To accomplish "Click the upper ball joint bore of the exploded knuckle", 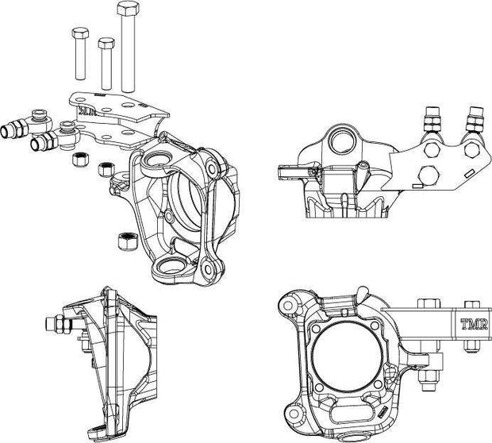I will pos(156,162).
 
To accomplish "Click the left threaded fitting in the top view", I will pos(434,120).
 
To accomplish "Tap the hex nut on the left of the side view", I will pos(60,326).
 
